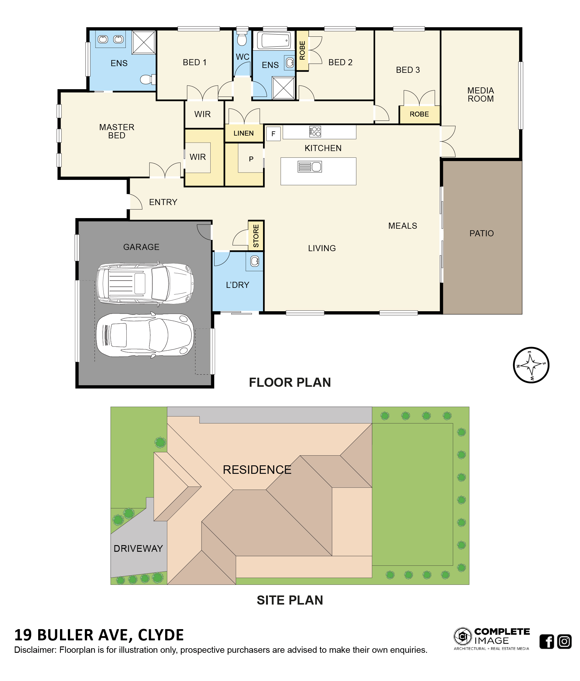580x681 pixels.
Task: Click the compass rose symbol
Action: pyautogui.click(x=531, y=365)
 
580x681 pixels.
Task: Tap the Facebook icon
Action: pyautogui.click(x=547, y=641)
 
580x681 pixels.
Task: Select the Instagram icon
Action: pyautogui.click(x=564, y=641)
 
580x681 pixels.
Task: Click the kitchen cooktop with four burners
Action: pyautogui.click(x=315, y=131)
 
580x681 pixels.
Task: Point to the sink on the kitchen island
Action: pyautogui.click(x=309, y=167)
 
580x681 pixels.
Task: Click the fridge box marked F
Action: pyautogui.click(x=273, y=134)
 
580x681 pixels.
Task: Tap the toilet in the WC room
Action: pyautogui.click(x=242, y=38)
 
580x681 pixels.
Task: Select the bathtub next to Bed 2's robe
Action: pyautogui.click(x=274, y=41)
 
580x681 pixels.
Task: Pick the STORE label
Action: pyautogui.click(x=256, y=236)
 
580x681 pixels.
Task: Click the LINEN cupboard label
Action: pyautogui.click(x=244, y=133)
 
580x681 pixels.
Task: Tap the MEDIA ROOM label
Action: pyautogui.click(x=481, y=95)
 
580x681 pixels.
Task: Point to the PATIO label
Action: pyautogui.click(x=482, y=233)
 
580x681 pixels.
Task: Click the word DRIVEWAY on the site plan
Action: pyautogui.click(x=138, y=548)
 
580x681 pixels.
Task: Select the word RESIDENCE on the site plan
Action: pyautogui.click(x=257, y=470)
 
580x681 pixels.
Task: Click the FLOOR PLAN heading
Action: pyautogui.click(x=290, y=382)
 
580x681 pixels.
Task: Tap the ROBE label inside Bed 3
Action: pyautogui.click(x=419, y=114)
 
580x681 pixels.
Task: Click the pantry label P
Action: pyautogui.click(x=251, y=159)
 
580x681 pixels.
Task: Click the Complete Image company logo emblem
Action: pyautogui.click(x=462, y=636)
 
